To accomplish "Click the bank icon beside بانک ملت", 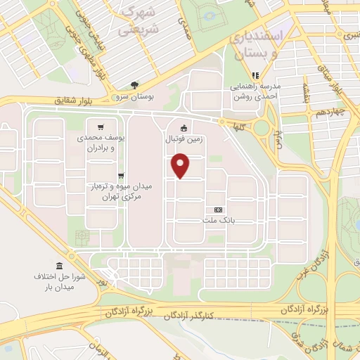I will click(x=217, y=210).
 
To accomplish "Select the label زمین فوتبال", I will click(x=184, y=139).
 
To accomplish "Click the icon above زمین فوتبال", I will click(x=184, y=128).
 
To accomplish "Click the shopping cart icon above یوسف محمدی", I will click(x=102, y=128).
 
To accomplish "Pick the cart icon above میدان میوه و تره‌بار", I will click(x=121, y=176).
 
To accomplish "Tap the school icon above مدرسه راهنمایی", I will click(x=255, y=75).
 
